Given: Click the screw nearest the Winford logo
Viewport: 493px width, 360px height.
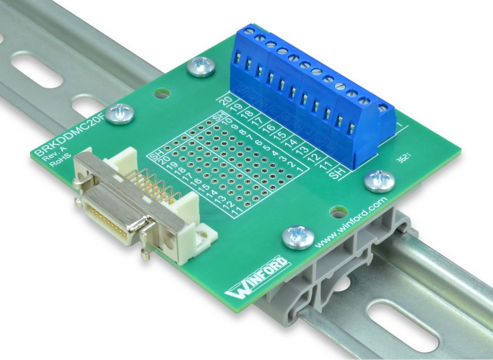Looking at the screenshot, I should click(x=298, y=237).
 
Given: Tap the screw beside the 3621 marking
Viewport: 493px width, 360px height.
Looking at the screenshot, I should click(x=379, y=180).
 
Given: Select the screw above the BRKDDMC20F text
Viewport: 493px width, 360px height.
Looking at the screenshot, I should click(x=120, y=114).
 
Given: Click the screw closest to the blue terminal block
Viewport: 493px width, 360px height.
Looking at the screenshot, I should click(x=201, y=66).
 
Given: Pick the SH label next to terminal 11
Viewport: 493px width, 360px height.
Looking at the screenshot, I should click(x=337, y=173).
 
